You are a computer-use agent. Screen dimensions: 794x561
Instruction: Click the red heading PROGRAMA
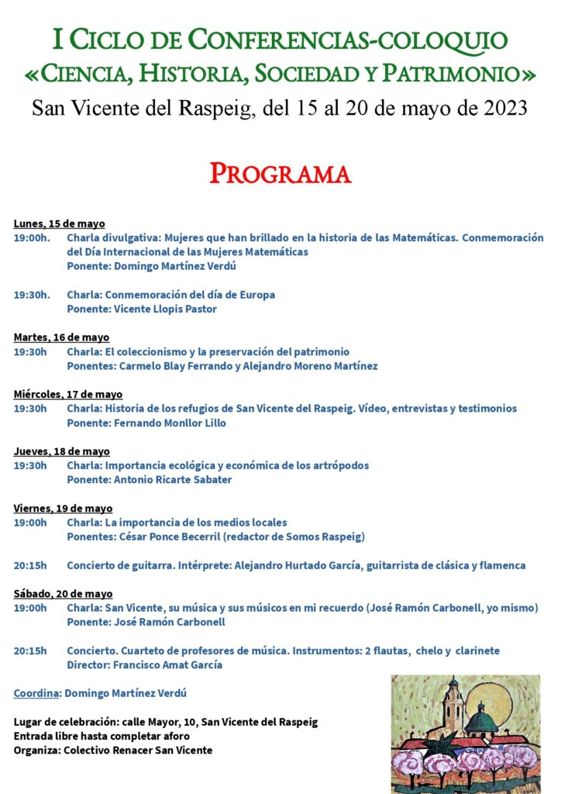coord(280,173)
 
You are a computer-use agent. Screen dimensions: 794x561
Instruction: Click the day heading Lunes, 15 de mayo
coord(59,224)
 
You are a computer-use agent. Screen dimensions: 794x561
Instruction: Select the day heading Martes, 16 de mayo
coord(61,337)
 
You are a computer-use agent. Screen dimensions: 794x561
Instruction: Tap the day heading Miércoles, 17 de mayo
coord(67,395)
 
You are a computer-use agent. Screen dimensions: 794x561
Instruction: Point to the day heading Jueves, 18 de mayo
coord(61,451)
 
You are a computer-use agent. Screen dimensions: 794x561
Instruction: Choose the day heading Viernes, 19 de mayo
coord(63,509)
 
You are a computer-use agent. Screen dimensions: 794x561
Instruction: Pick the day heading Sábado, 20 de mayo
coord(63,594)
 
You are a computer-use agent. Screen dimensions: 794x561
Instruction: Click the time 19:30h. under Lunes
coord(32,295)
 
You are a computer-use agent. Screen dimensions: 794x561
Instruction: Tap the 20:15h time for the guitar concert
coord(30,565)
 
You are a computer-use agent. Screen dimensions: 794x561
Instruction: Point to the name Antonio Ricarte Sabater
coord(173,480)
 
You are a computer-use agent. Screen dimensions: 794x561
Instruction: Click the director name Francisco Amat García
coord(167,665)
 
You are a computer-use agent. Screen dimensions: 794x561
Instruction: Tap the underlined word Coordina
coord(36,693)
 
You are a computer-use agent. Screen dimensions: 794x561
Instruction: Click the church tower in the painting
coord(453,706)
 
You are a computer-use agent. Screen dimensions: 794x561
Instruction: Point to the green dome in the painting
coord(481,720)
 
